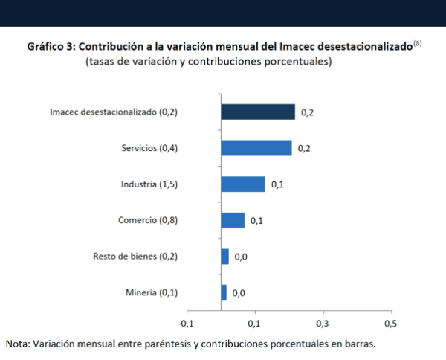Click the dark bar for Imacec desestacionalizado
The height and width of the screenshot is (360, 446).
point(257,112)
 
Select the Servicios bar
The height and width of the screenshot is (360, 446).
point(256,148)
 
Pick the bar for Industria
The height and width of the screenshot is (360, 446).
point(242,184)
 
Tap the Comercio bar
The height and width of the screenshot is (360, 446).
point(232,220)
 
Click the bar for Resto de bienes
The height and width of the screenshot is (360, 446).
point(224,256)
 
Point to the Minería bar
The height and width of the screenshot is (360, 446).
point(224,292)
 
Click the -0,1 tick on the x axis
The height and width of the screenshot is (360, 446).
point(186,324)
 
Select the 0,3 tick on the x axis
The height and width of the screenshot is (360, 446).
point(322,324)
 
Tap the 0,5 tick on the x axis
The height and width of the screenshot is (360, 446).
point(390,324)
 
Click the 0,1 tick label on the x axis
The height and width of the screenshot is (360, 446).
point(254,324)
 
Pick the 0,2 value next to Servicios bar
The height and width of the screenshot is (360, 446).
point(304,148)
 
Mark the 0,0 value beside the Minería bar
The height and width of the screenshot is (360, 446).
point(239,293)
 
